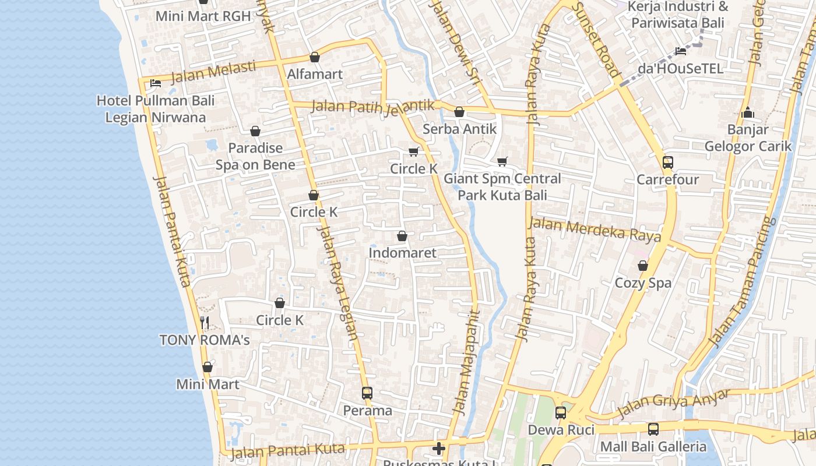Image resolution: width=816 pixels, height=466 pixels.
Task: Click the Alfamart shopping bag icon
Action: coord(315,57)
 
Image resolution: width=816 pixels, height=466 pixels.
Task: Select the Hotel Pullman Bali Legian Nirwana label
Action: coord(156,109)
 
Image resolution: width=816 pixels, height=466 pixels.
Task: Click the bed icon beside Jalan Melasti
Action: coord(155,83)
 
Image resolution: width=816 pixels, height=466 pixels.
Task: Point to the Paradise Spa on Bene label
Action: coord(255,156)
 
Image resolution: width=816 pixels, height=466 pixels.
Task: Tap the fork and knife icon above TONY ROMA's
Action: coord(205,322)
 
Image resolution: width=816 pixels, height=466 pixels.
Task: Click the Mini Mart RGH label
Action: coord(203,16)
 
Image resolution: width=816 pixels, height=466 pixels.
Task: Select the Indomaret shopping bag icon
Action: coord(402,236)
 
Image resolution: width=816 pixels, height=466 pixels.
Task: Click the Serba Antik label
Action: coord(459,129)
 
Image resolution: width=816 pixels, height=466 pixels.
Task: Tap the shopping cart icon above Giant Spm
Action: coord(502,161)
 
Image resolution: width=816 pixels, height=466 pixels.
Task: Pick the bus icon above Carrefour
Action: coord(668,162)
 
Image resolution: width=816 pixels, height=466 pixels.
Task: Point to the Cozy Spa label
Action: coord(643,283)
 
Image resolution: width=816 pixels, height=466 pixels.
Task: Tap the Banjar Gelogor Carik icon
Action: coord(748,112)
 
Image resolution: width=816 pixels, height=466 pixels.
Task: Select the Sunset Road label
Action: coord(596,40)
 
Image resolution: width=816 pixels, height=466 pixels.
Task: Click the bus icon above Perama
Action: coord(367,393)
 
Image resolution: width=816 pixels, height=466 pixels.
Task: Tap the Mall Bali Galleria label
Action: coord(653,447)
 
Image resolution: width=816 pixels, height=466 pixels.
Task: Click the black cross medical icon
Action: coord(439,448)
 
